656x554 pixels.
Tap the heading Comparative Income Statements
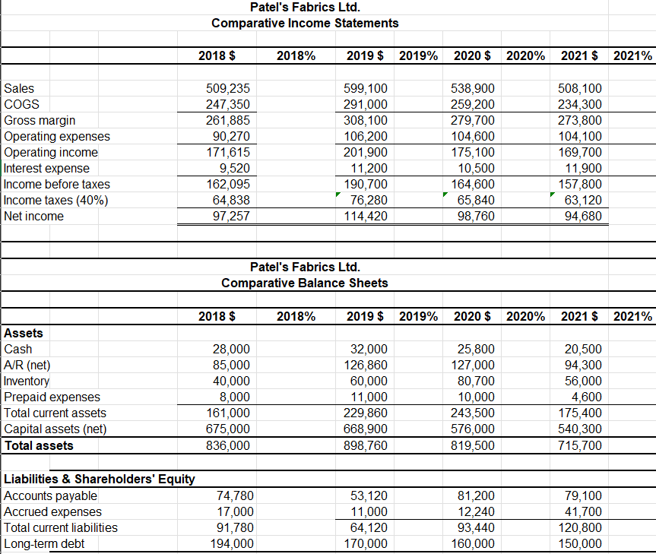coord(305,23)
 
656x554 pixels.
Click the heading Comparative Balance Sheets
coord(305,283)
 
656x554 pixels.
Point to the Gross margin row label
coord(40,120)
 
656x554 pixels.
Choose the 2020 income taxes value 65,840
coord(474,201)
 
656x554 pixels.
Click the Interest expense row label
coord(47,168)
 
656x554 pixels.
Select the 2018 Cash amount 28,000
coord(230,350)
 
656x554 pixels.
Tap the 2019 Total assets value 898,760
coord(366,445)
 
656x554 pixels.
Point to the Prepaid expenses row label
coord(52,397)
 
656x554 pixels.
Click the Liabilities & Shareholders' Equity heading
coord(100,479)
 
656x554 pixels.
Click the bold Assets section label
coord(24,333)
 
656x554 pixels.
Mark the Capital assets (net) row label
coord(55,429)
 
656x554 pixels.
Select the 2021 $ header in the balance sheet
coord(578,315)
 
